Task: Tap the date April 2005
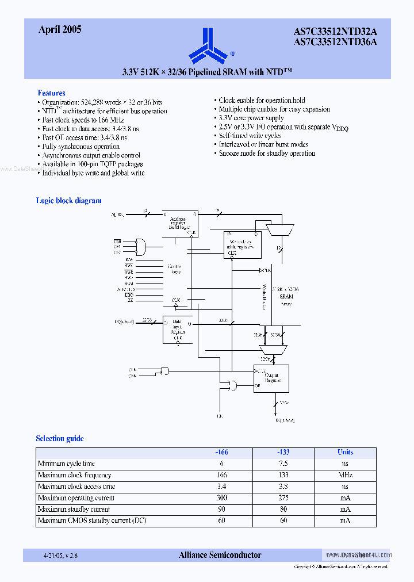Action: (60, 29)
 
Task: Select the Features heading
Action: (51, 93)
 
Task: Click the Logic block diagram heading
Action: (68, 201)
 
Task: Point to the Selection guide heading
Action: (60, 438)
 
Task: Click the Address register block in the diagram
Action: (180, 224)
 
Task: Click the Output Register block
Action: (271, 378)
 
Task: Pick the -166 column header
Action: (221, 452)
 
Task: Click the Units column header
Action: (345, 452)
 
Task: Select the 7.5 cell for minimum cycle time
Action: (283, 464)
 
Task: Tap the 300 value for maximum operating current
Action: (221, 498)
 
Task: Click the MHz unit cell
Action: (345, 475)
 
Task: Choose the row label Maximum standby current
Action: (74, 510)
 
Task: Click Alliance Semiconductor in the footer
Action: (220, 555)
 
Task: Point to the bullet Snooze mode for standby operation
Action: (267, 154)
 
